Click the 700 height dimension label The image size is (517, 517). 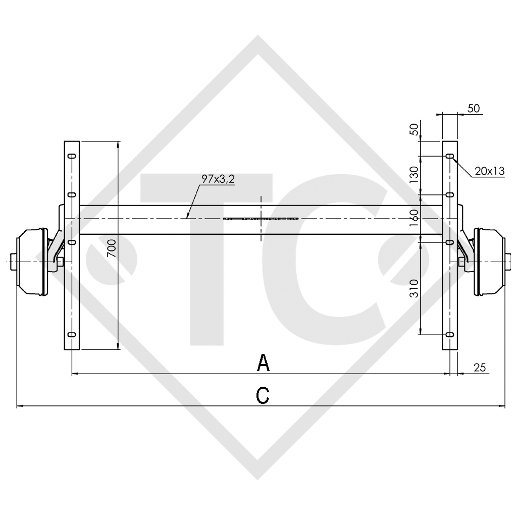point(112,248)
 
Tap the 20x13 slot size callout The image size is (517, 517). point(489,171)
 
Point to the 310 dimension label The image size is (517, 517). point(414,288)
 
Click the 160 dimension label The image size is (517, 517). point(414,219)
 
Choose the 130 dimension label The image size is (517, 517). point(414,175)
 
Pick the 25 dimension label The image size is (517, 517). point(480,368)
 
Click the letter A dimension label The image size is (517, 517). point(263,363)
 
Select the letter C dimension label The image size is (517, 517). point(263,395)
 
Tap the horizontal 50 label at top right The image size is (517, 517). point(474,108)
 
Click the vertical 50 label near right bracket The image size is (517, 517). point(414,129)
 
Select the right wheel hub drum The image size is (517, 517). point(488,261)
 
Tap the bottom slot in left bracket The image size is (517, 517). point(72,334)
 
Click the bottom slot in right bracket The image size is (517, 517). point(449,334)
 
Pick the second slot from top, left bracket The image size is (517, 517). point(72,194)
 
